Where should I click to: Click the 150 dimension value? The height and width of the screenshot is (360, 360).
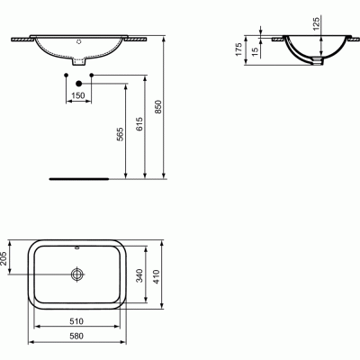tap(79, 95)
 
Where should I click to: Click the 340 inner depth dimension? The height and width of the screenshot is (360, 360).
tap(137, 276)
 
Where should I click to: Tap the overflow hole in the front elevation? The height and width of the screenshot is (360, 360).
tap(79, 41)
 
